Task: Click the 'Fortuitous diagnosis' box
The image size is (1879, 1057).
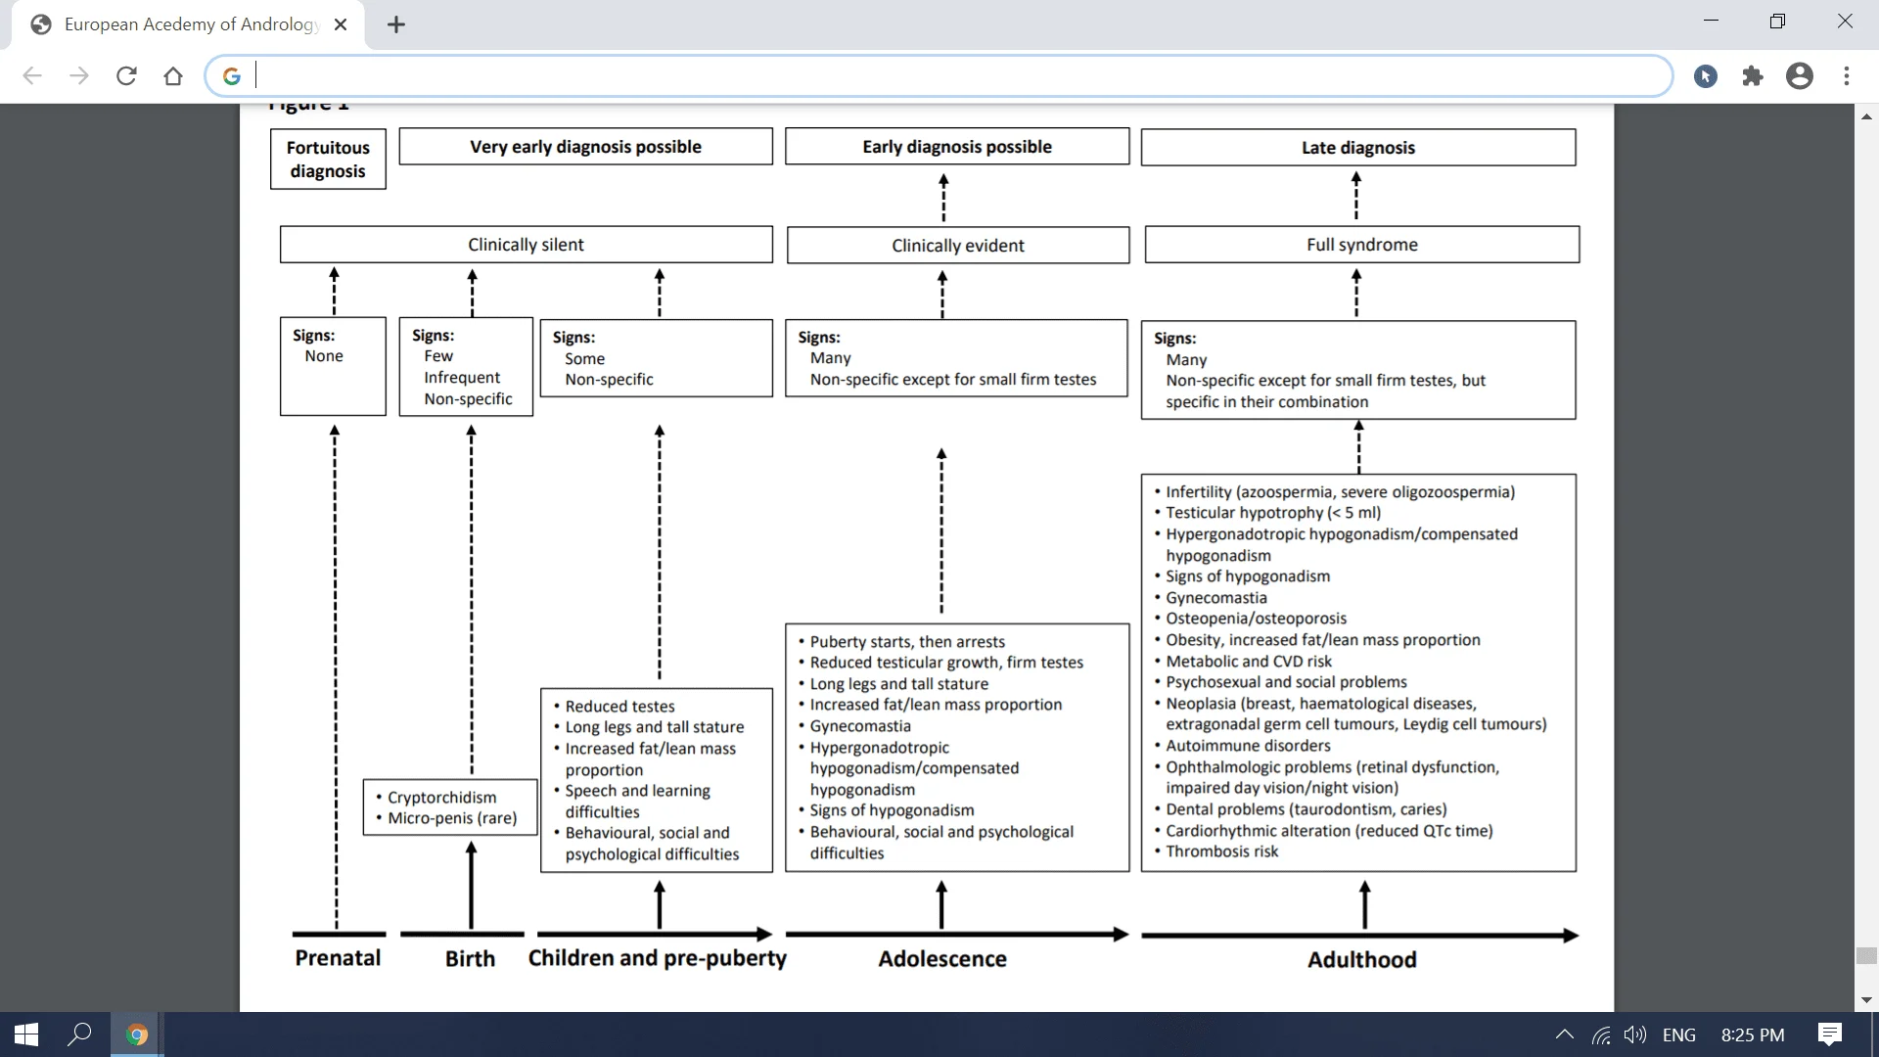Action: (328, 159)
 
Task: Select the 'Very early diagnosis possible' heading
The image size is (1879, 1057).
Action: (585, 147)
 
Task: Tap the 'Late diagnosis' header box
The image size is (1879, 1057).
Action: (1357, 148)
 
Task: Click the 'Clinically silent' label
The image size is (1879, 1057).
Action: (526, 245)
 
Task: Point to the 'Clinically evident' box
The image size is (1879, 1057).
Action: (957, 246)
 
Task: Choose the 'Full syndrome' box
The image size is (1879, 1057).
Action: (1361, 245)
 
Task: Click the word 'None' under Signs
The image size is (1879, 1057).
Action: (324, 356)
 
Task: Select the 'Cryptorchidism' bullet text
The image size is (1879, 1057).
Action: (441, 798)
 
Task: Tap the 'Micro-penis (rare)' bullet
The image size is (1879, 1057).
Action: (452, 818)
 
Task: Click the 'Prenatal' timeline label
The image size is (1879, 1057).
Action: (338, 958)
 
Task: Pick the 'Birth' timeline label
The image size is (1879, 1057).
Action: (470, 959)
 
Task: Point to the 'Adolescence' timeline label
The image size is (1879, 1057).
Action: (941, 959)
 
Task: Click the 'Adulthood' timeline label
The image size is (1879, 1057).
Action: (1361, 960)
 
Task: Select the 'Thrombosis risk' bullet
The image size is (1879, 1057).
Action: (1221, 851)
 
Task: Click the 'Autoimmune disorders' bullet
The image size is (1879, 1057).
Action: (1248, 746)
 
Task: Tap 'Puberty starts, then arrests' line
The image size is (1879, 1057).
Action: (907, 642)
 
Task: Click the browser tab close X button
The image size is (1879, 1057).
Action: (341, 24)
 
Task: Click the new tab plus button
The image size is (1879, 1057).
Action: (396, 24)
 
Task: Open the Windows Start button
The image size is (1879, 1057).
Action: (26, 1034)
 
